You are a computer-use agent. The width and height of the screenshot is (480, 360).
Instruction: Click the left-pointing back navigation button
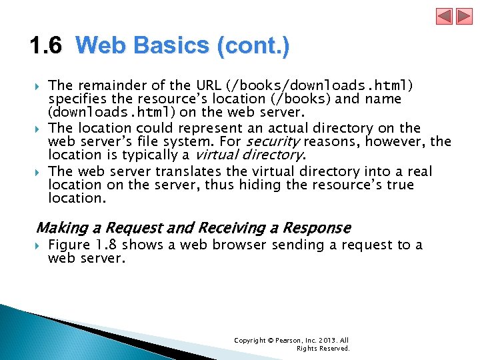[445, 17]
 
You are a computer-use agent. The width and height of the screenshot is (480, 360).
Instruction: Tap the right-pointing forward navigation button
[463, 17]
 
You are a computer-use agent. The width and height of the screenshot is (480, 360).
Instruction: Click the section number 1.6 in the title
[46, 46]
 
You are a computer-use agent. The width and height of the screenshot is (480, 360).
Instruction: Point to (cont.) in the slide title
[253, 46]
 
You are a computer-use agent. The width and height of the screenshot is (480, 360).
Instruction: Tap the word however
[394, 141]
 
